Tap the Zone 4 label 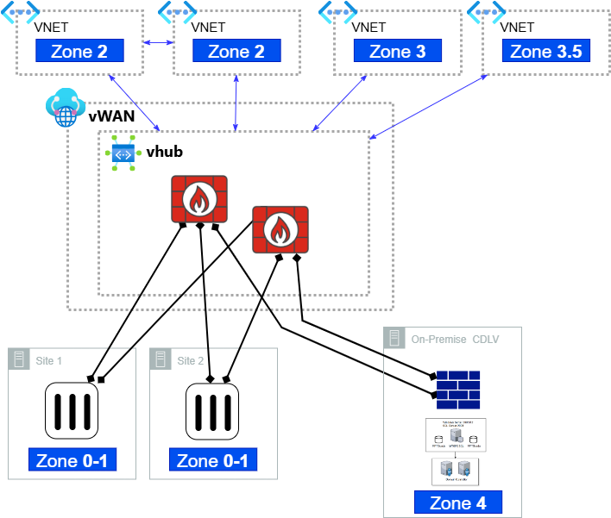pyautogui.click(x=457, y=503)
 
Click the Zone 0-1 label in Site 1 pyautogui.click(x=72, y=460)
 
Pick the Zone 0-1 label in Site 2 pyautogui.click(x=212, y=460)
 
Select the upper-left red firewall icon pyautogui.click(x=199, y=200)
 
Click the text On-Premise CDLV pyautogui.click(x=455, y=339)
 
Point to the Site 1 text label pyautogui.click(x=48, y=360)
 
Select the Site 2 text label pyautogui.click(x=191, y=360)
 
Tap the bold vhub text pyautogui.click(x=165, y=152)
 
